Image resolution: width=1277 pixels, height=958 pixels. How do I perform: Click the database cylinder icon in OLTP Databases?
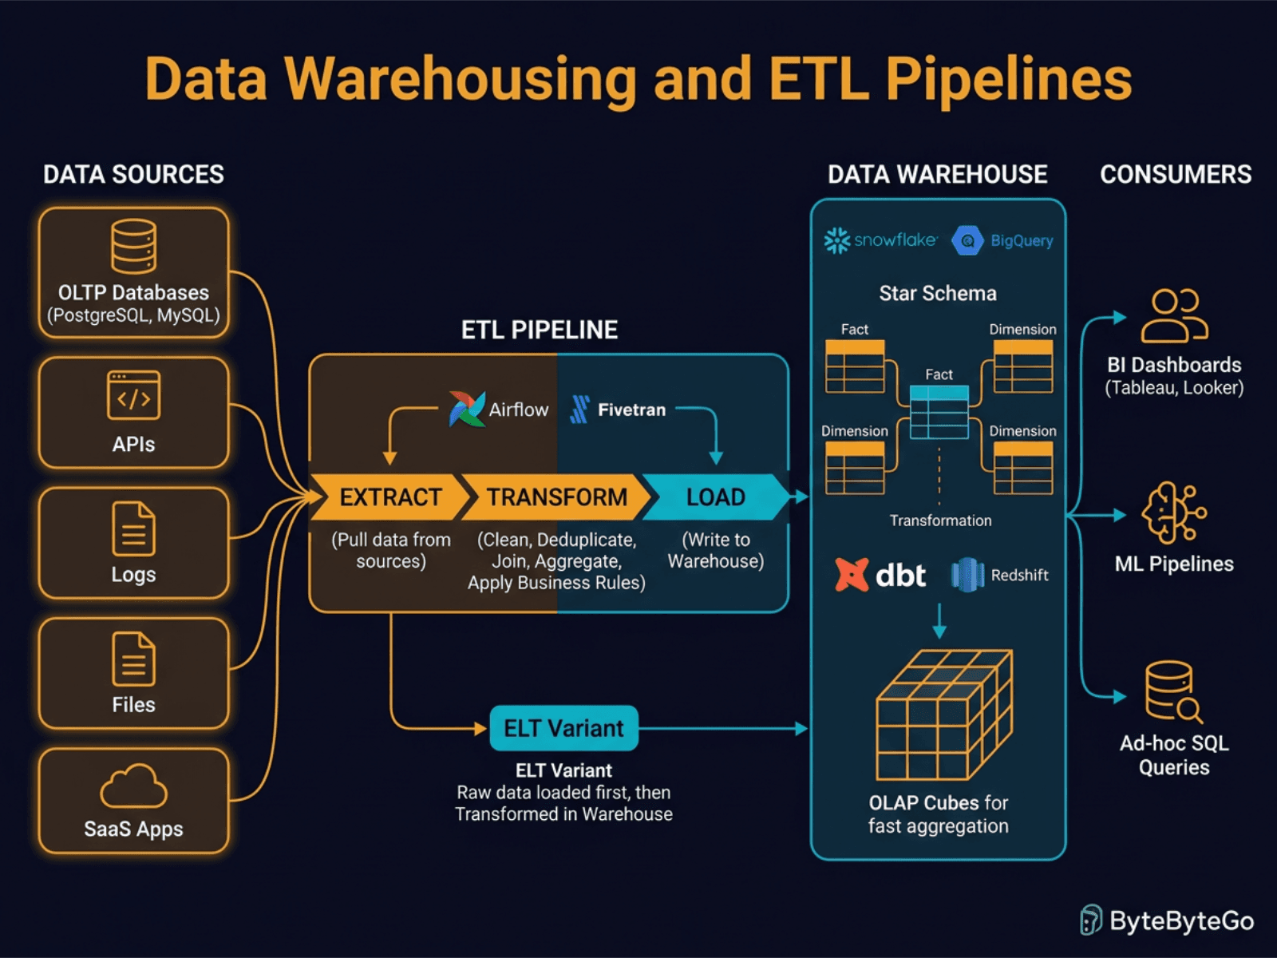coord(133,247)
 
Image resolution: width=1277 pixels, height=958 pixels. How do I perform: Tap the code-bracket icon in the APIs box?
coord(133,395)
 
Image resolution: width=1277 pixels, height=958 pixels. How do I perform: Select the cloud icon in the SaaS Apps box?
coord(133,787)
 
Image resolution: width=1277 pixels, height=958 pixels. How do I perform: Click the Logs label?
coord(133,575)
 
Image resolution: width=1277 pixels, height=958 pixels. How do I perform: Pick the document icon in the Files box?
coord(133,659)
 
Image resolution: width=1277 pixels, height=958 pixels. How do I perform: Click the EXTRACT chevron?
coord(387,497)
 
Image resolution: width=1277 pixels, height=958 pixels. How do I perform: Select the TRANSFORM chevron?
coord(556,497)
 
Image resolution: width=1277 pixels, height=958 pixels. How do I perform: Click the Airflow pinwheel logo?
coord(467,409)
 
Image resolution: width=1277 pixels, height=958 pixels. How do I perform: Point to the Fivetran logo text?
coord(631,410)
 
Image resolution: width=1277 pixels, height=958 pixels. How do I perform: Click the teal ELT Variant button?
coord(563,728)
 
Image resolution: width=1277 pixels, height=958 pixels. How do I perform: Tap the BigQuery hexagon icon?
coord(967,240)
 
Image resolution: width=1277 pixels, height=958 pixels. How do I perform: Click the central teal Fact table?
coord(939,412)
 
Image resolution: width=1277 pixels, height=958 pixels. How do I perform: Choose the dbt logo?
coord(880,575)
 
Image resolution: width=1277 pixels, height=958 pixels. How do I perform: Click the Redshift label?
coord(1019,575)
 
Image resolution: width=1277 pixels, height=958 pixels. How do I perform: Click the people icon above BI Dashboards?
coord(1174,315)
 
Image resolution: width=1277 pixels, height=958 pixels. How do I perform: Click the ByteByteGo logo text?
coord(1181,921)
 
